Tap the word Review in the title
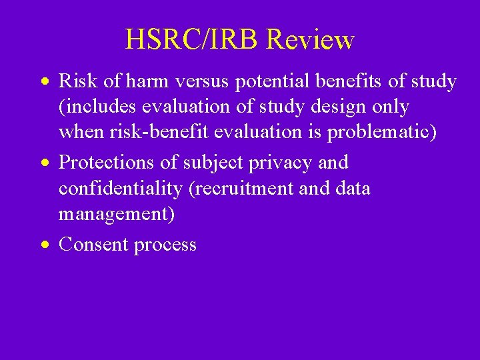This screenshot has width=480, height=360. [x=310, y=40]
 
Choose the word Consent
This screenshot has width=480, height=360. [x=93, y=245]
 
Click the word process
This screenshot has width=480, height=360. [x=165, y=245]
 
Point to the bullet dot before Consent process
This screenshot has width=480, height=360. [x=44, y=245]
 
